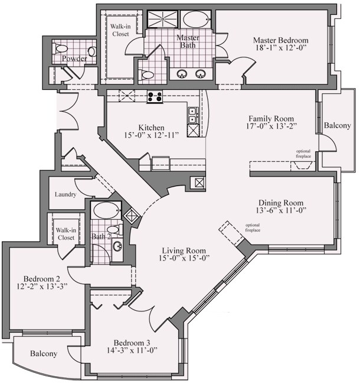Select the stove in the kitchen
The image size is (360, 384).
[155, 97]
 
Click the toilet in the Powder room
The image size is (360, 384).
[60, 48]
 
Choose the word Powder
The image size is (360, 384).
[74, 58]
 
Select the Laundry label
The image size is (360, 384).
[65, 195]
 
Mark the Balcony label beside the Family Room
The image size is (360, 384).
[338, 126]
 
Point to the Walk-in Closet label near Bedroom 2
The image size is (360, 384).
[66, 233]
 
